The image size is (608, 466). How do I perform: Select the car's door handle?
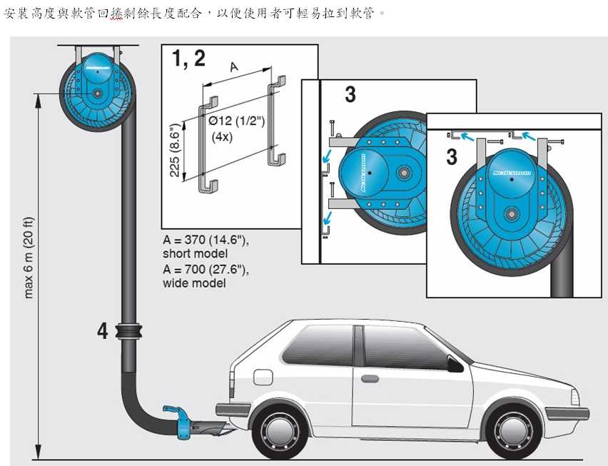(x=370, y=379)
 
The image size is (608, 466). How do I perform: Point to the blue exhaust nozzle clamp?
(x=178, y=420)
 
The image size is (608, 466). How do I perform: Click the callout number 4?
(x=102, y=332)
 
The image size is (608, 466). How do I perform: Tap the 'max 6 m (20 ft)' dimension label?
(x=29, y=258)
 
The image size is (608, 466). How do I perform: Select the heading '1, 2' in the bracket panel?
(x=188, y=59)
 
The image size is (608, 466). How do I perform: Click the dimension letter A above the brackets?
(x=234, y=67)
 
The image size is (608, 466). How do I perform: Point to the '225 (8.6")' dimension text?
(x=175, y=150)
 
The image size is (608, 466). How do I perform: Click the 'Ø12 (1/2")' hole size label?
(x=236, y=121)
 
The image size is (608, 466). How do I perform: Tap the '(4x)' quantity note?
(x=222, y=137)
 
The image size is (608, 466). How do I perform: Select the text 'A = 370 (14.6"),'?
(x=206, y=240)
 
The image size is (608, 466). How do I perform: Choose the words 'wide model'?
(x=194, y=283)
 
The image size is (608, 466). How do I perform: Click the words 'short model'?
(x=195, y=254)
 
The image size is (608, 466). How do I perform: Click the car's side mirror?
(x=455, y=364)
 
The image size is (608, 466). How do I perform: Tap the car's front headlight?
(x=575, y=397)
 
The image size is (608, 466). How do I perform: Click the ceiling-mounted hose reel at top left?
(x=97, y=92)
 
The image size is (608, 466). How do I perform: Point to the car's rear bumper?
(x=233, y=410)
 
